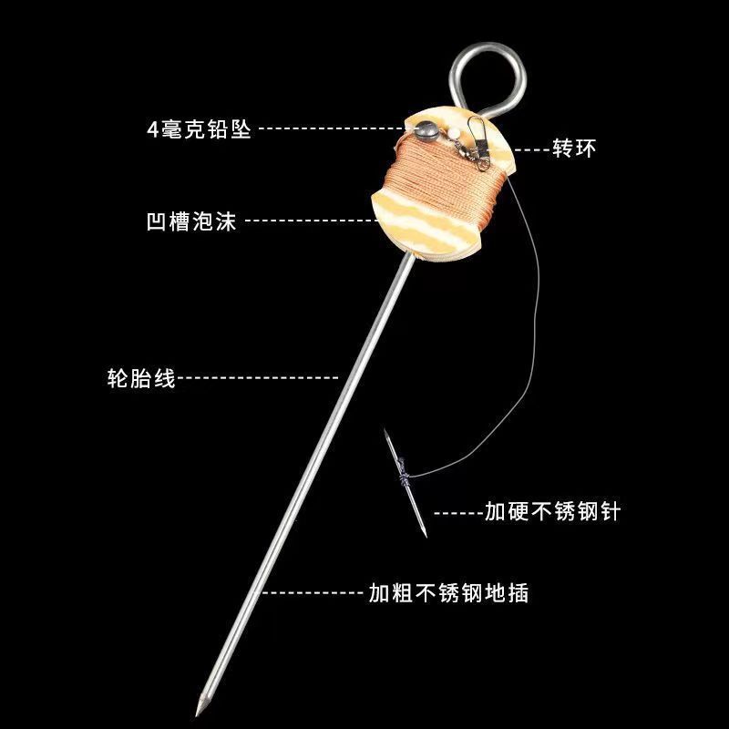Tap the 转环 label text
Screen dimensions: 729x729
click(573, 149)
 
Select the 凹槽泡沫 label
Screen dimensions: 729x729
click(191, 221)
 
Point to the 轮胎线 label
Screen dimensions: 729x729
click(140, 376)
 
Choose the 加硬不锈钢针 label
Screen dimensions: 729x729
click(552, 511)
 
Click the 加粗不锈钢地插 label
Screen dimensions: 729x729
click(448, 593)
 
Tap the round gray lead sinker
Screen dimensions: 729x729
click(422, 129)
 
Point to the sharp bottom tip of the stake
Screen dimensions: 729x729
click(199, 709)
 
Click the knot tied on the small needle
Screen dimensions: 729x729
click(402, 474)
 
